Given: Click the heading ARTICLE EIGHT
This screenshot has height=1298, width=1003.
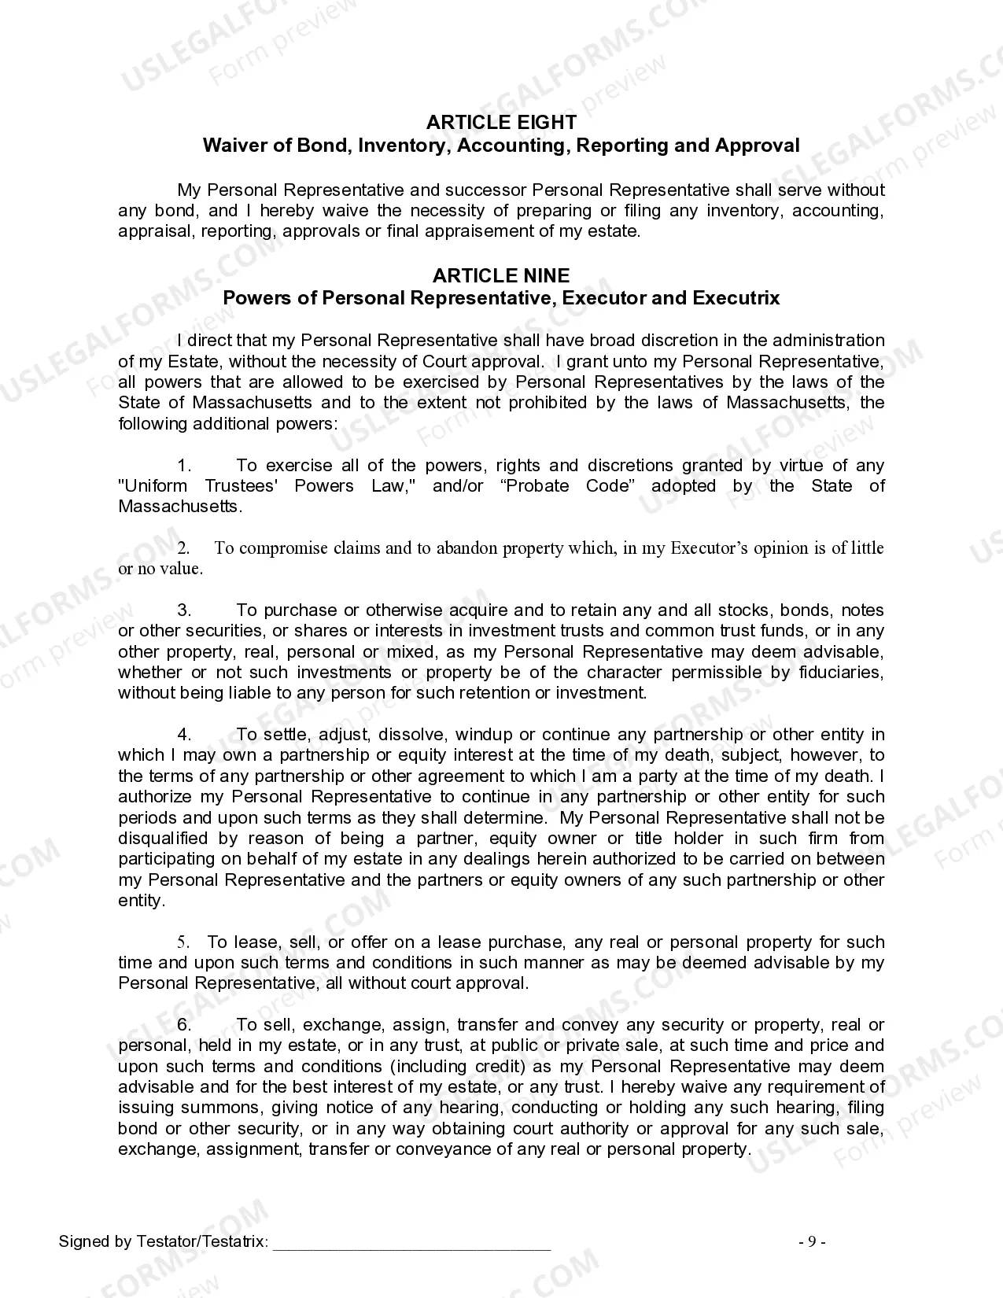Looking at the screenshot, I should pyautogui.click(x=501, y=122).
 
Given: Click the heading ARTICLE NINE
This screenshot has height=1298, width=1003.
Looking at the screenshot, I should pyautogui.click(x=501, y=275).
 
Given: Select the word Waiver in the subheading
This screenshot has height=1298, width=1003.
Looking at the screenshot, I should pyautogui.click(x=230, y=146).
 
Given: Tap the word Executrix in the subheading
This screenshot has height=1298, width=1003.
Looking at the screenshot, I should pyautogui.click(x=736, y=298).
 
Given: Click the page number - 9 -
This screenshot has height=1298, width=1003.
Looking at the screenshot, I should pyautogui.click(x=812, y=1242).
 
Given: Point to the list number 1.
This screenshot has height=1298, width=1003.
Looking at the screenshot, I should pyautogui.click(x=184, y=466).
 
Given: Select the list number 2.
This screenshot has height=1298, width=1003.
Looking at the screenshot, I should pyautogui.click(x=183, y=548).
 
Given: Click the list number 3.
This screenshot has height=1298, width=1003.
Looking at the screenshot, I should pyautogui.click(x=184, y=610).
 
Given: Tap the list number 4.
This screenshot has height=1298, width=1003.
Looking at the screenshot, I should pyautogui.click(x=184, y=735).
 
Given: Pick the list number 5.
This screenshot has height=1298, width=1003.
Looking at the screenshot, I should pyautogui.click(x=183, y=942).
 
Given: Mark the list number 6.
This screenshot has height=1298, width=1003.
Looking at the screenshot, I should pyautogui.click(x=184, y=1025).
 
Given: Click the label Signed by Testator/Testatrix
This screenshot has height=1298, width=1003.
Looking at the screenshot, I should pyautogui.click(x=163, y=1242).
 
